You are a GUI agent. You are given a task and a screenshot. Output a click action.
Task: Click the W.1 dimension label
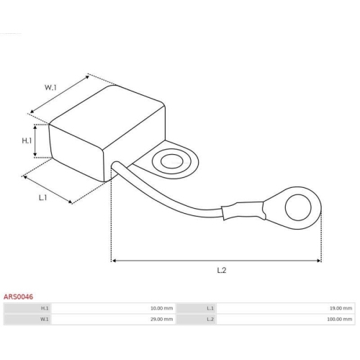click(50, 88)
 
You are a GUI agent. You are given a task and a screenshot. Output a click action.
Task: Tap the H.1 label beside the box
click(27, 140)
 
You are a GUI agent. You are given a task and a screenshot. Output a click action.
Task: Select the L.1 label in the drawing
click(42, 198)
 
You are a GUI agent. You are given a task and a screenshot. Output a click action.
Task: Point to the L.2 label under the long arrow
click(222, 270)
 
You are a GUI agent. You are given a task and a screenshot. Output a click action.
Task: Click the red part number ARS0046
click(18, 297)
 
